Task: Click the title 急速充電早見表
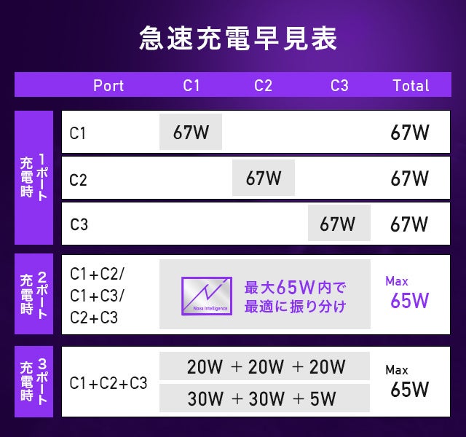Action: pyautogui.click(x=238, y=39)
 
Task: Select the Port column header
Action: pyautogui.click(x=108, y=85)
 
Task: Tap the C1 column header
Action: pyautogui.click(x=191, y=85)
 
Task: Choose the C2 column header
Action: pyautogui.click(x=263, y=85)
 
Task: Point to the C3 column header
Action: pyautogui.click(x=339, y=85)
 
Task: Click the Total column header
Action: pyautogui.click(x=411, y=85)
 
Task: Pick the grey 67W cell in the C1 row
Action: pyautogui.click(x=191, y=133)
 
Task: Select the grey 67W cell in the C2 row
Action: pyautogui.click(x=264, y=178)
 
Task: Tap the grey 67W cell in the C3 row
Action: pyautogui.click(x=339, y=224)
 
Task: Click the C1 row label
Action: pyautogui.click(x=78, y=133)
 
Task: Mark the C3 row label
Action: pyautogui.click(x=79, y=224)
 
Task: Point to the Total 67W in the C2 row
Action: pyautogui.click(x=409, y=178)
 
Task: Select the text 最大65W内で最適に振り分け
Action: pyautogui.click(x=295, y=295)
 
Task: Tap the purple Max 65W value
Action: pyautogui.click(x=408, y=294)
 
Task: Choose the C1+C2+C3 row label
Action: pyautogui.click(x=108, y=383)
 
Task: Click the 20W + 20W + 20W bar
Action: pyautogui.click(x=265, y=366)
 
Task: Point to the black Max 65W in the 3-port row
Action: pyautogui.click(x=408, y=382)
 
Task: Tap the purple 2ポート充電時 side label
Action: pyautogui.click(x=34, y=294)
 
